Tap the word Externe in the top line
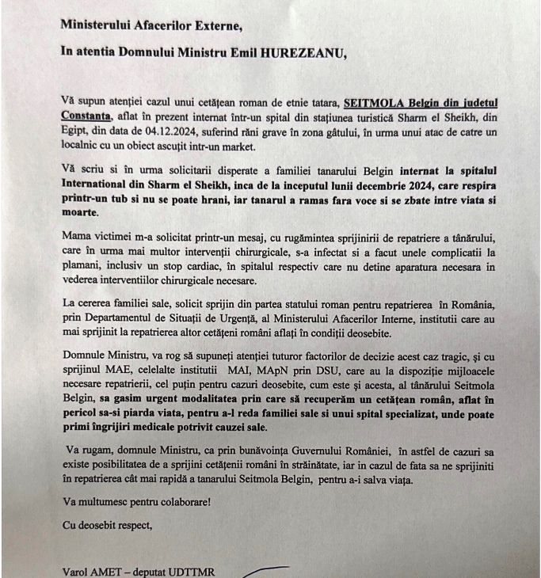tap(211, 25)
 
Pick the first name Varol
tap(76, 571)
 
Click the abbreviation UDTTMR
tap(195, 571)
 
